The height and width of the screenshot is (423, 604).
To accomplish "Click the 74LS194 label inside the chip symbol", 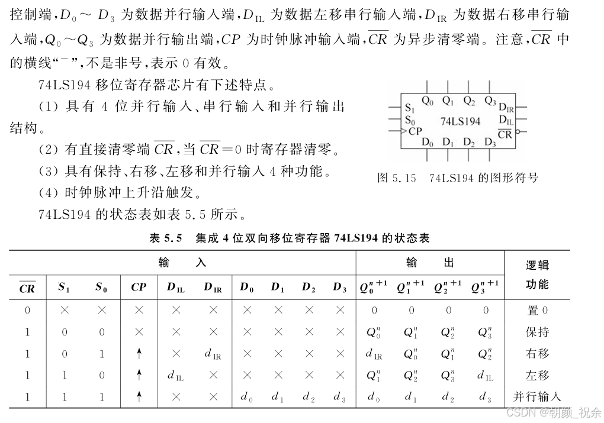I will pyautogui.click(x=460, y=121).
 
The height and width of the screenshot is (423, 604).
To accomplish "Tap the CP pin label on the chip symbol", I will pyautogui.click(x=415, y=131).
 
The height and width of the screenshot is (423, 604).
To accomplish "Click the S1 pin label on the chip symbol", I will pyautogui.click(x=410, y=108).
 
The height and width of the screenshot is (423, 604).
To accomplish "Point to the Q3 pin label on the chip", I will pyautogui.click(x=490, y=101).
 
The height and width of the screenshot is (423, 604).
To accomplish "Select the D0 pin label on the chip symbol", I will pyautogui.click(x=428, y=142).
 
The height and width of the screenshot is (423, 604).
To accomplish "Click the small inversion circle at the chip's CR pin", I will pyautogui.click(x=518, y=131).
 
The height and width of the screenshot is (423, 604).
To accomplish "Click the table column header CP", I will pyautogui.click(x=139, y=288).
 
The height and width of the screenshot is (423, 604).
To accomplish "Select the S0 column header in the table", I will pyautogui.click(x=101, y=288).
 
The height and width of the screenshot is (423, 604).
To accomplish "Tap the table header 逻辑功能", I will pyautogui.click(x=537, y=275).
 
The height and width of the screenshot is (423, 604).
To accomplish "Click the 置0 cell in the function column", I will pyautogui.click(x=537, y=310).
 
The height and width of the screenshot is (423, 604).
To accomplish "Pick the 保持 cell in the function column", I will pyautogui.click(x=537, y=332).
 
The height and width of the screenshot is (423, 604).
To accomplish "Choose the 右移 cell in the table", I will pyautogui.click(x=537, y=354).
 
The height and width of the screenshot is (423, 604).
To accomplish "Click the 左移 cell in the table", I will pyautogui.click(x=537, y=375).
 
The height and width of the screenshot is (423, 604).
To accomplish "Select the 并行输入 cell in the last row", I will pyautogui.click(x=537, y=397).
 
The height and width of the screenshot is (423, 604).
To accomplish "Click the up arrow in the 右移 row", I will pyautogui.click(x=139, y=354).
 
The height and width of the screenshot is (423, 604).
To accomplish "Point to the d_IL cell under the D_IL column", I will pyautogui.click(x=176, y=376).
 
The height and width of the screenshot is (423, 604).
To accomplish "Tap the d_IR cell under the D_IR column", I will pyautogui.click(x=213, y=354).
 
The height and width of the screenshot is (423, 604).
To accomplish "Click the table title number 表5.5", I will pyautogui.click(x=165, y=238).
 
